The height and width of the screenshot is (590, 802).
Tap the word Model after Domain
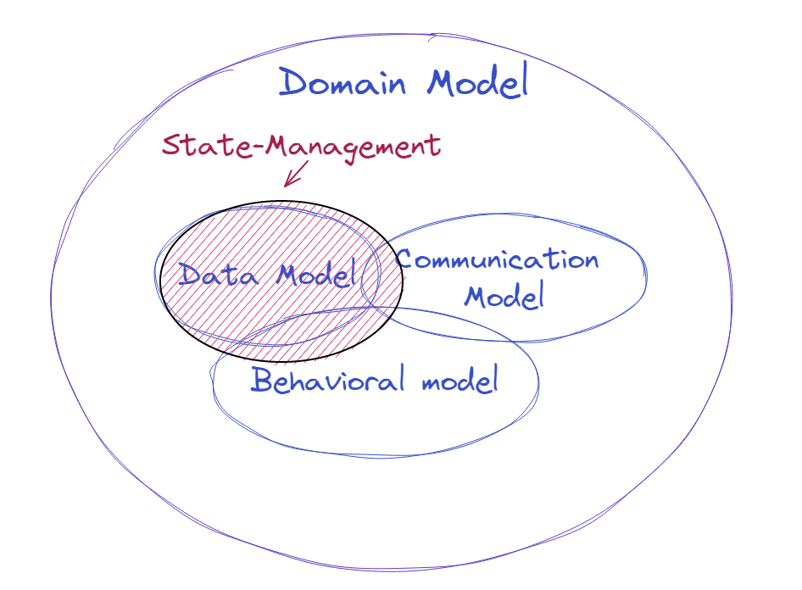click(x=476, y=84)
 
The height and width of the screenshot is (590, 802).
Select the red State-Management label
click(x=301, y=146)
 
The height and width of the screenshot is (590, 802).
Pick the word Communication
click(x=498, y=261)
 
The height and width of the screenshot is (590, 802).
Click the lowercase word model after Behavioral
click(x=459, y=381)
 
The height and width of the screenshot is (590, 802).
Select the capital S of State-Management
click(x=172, y=146)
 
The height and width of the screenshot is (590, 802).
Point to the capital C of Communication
click(x=404, y=260)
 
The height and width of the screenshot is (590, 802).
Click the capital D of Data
click(x=190, y=276)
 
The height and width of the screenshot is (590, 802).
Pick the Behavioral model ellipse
click(x=373, y=415)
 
